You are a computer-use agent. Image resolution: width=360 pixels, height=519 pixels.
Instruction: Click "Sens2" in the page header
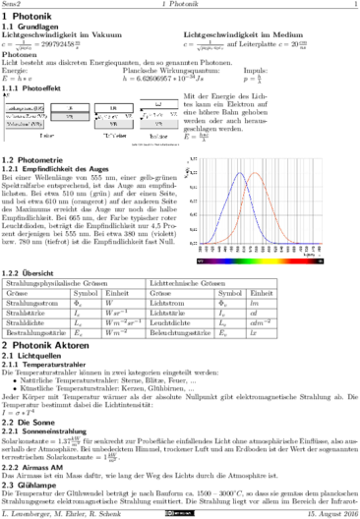click(12, 5)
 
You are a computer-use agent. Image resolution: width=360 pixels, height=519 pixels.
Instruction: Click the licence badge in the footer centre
click(181, 513)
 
